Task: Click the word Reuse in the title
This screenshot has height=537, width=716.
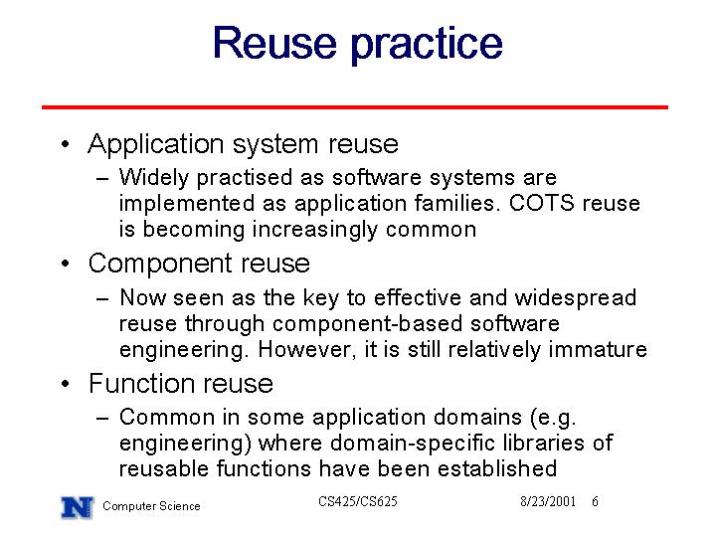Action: pyautogui.click(x=274, y=43)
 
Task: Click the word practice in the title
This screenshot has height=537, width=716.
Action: pyautogui.click(x=427, y=45)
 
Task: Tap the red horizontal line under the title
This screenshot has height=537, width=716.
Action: pyautogui.click(x=355, y=107)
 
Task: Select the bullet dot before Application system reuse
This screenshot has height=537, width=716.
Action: pyautogui.click(x=66, y=144)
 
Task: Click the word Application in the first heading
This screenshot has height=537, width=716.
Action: pyautogui.click(x=156, y=145)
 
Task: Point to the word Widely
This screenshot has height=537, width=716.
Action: pyautogui.click(x=153, y=178)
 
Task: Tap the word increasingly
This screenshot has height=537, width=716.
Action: pyautogui.click(x=315, y=230)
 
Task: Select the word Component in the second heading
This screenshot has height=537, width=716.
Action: pyautogui.click(x=160, y=265)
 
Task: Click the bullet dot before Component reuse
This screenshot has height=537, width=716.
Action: pyautogui.click(x=66, y=264)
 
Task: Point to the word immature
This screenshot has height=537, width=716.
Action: pyautogui.click(x=598, y=350)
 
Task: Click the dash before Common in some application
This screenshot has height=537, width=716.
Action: pyautogui.click(x=102, y=418)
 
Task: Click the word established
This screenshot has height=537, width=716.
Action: pyautogui.click(x=497, y=468)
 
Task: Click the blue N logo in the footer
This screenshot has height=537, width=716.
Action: pyautogui.click(x=78, y=507)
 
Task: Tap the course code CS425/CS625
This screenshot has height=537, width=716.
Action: pyautogui.click(x=358, y=502)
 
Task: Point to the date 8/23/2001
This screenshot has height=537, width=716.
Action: pyautogui.click(x=548, y=502)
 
